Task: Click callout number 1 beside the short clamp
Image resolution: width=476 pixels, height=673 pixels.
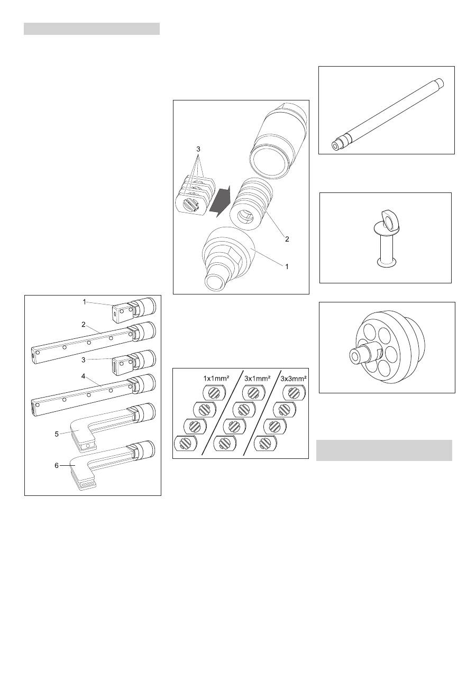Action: pos(85,302)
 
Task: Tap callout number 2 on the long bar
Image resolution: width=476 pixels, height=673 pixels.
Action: pos(84,325)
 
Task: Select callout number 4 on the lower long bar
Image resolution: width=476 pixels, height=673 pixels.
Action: pos(84,377)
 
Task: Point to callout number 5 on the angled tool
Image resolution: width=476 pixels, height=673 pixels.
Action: pos(57,434)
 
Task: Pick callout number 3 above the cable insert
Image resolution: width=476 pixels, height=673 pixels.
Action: pos(198,149)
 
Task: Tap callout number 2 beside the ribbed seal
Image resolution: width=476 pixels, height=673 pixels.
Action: pos(287,239)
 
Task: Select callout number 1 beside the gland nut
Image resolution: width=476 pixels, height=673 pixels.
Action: pos(287,266)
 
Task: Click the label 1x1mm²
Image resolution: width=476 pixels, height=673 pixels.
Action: pos(216,378)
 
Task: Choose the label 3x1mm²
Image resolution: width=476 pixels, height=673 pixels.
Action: pos(257,378)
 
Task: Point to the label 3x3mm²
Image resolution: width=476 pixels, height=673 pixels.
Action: pos(294,378)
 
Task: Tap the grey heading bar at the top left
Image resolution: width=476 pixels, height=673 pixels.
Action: pos(91,29)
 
